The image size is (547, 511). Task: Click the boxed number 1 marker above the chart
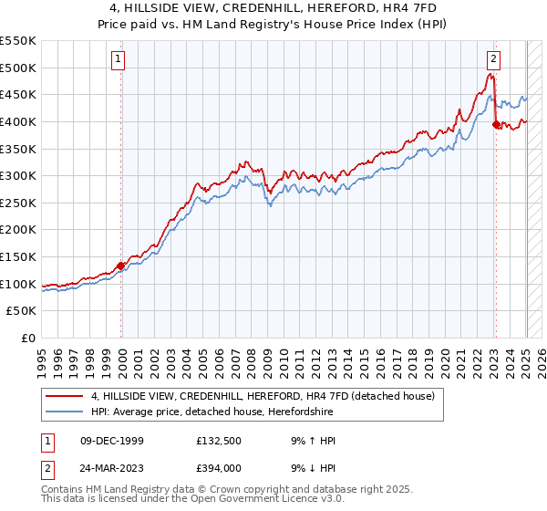tap(119, 60)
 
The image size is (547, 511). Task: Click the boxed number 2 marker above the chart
tap(492, 60)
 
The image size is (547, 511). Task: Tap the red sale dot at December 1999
tap(121, 266)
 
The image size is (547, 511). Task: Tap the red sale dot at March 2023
tap(496, 125)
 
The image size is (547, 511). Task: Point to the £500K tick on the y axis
tap(18, 68)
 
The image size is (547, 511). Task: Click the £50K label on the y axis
tap(22, 311)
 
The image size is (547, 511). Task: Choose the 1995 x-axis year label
tap(42, 360)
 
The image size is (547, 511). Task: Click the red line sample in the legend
tap(65, 397)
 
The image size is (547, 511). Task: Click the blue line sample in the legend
tap(65, 412)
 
